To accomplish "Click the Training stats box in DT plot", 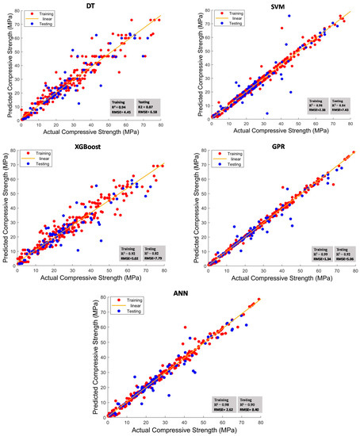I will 124,108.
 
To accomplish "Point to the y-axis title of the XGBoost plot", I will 6,210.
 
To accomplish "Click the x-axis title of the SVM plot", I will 273,130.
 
